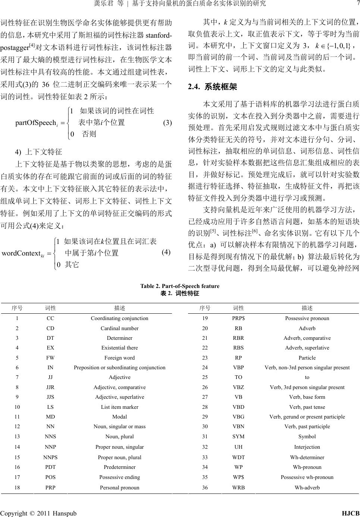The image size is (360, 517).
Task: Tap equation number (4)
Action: [x=166, y=252]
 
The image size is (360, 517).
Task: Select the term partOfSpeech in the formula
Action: [x=35, y=122]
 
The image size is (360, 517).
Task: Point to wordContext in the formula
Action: [x=21, y=253]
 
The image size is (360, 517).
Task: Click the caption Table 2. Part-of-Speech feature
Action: [x=180, y=286]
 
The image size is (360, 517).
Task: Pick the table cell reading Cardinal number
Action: [x=119, y=328]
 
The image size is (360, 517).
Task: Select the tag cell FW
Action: [x=50, y=358]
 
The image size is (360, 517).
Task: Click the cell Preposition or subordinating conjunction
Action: [x=119, y=367]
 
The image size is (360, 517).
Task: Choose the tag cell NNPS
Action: [x=51, y=457]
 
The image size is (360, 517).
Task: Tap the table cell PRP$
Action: [x=238, y=318]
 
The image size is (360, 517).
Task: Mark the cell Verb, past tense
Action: [x=307, y=407]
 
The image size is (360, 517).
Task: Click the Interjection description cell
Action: [x=307, y=446]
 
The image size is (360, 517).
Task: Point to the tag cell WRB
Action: [x=238, y=487]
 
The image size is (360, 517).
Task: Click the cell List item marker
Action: [x=119, y=407]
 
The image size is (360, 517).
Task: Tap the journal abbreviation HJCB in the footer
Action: [x=351, y=513]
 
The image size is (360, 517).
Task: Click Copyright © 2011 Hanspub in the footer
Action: [x=39, y=513]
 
